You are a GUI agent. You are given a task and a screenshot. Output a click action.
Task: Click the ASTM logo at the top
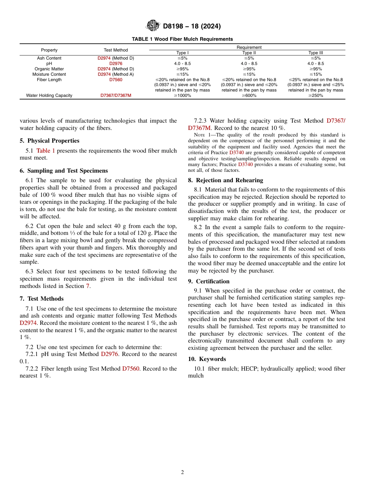click(153, 26)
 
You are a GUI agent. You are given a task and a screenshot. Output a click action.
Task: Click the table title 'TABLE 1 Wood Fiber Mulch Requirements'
click(182, 39)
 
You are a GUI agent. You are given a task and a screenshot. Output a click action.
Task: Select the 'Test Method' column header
click(116, 50)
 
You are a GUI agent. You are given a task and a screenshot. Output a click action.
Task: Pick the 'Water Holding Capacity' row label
click(49, 95)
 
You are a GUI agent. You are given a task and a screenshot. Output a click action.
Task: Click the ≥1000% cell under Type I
click(183, 95)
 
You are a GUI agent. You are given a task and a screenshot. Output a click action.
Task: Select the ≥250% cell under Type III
click(315, 95)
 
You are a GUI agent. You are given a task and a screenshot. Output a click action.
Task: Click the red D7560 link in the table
click(116, 80)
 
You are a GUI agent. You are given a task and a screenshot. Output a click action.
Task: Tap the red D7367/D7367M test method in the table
click(116, 95)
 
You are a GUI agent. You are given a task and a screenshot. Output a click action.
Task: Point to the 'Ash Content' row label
click(49, 58)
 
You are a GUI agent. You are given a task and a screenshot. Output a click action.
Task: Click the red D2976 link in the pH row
click(116, 63)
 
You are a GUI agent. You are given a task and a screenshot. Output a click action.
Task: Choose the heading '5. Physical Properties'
click(50, 141)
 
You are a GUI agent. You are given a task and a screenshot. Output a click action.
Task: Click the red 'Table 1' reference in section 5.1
click(46, 151)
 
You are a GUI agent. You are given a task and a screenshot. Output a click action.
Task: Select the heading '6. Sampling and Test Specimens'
click(64, 171)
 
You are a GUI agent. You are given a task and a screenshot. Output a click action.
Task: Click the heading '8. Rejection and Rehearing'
click(226, 180)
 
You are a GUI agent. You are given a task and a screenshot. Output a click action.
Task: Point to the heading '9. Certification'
click(209, 281)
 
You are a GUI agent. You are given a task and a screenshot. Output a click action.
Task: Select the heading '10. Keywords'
click(207, 359)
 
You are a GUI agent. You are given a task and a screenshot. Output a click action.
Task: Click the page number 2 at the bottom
click(182, 472)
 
